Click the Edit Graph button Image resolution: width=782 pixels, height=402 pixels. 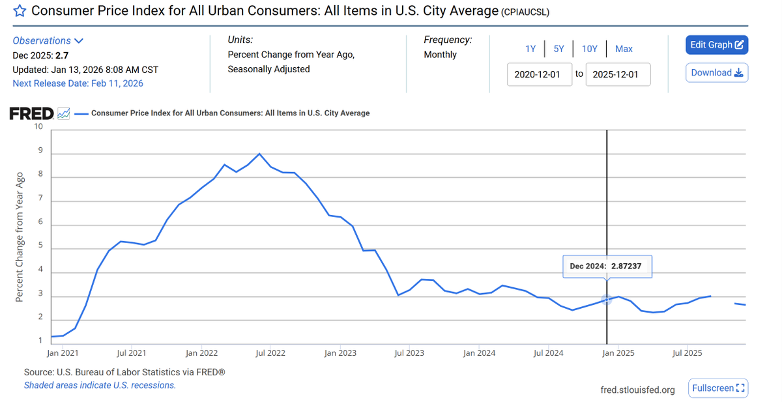pos(717,45)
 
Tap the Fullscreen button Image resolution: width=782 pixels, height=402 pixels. pos(717,388)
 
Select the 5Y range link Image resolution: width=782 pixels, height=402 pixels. pos(558,49)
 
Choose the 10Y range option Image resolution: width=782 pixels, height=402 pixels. pos(589,49)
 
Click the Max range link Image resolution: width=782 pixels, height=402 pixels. pos(624,49)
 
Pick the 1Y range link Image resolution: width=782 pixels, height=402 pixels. pos(530,49)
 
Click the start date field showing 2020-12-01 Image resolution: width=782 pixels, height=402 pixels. pos(540,74)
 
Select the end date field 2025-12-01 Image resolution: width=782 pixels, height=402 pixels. pos(618,74)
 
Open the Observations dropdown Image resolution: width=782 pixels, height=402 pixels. pos(48,41)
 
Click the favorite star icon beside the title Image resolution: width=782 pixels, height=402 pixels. pos(20,11)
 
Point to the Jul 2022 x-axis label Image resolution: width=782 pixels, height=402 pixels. pos(270,353)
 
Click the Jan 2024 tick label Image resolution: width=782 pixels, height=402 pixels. pos(479,353)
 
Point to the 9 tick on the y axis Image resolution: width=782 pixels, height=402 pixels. pos(40,151)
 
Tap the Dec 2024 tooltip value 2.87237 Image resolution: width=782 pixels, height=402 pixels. pos(626,266)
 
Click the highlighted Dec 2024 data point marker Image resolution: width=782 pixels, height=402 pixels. pos(607,300)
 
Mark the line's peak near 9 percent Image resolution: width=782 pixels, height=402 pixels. pos(259,154)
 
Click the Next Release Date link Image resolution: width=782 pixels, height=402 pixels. pos(78,83)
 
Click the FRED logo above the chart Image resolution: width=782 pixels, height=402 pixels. pos(31,113)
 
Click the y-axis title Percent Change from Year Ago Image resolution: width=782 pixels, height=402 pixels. pos(19,237)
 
